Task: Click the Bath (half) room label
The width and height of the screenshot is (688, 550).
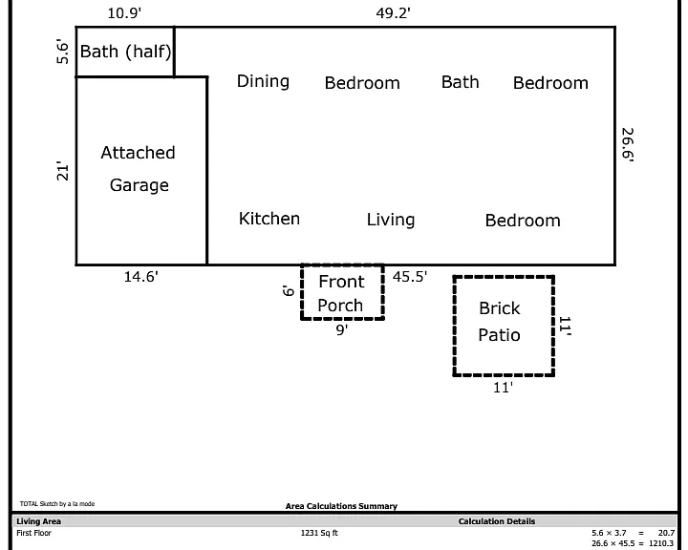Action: [x=125, y=52]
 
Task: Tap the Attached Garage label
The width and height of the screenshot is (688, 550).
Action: [x=139, y=169]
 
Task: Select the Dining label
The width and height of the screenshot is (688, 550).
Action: [x=264, y=81]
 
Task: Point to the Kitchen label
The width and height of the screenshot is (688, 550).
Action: [x=269, y=219]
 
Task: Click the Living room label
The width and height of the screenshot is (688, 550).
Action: [x=391, y=220]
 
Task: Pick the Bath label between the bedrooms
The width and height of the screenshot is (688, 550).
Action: [x=460, y=82]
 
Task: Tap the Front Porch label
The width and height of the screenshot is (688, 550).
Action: [x=341, y=293]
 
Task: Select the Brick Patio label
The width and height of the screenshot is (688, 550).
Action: [x=500, y=322]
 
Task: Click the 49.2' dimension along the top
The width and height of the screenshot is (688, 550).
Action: [x=393, y=13]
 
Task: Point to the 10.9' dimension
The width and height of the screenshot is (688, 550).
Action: [x=124, y=13]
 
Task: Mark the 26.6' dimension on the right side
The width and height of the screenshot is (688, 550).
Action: [x=628, y=145]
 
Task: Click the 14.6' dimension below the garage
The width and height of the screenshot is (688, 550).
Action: [x=140, y=277]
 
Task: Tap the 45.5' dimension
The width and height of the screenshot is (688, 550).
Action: [x=410, y=277]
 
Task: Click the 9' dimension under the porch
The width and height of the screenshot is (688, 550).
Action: [x=342, y=329]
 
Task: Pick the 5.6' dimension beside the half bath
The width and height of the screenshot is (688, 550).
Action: [x=63, y=53]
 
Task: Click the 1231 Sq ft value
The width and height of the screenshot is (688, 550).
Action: [x=319, y=533]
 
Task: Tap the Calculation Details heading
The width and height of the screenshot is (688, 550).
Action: [x=497, y=521]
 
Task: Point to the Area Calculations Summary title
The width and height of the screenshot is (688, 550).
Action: [x=341, y=506]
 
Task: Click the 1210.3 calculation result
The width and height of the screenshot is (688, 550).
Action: [x=661, y=543]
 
